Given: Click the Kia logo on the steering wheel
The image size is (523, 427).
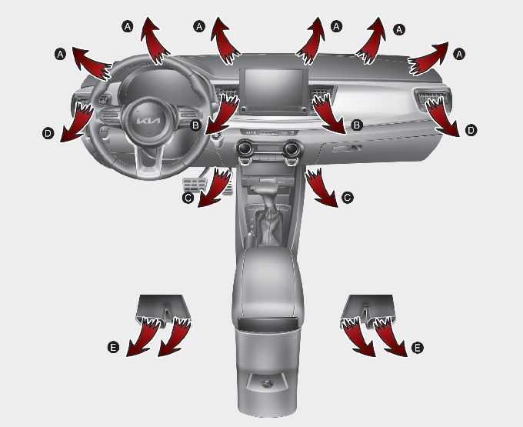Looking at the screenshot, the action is coord(149,121).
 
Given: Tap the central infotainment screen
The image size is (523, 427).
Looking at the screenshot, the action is coord(274,88).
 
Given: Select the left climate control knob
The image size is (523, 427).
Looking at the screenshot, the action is coord(245,148).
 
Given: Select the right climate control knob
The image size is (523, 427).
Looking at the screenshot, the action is coord(292,148).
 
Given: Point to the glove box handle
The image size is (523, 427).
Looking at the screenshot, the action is coord(347,148).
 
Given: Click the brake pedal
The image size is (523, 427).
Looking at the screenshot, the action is coord(195,185).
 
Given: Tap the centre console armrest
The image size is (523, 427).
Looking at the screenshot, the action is coord(268,284).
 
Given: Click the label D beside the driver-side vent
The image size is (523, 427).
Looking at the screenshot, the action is coord(48,134).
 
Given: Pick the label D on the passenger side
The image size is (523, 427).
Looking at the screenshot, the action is coord(471,130).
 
